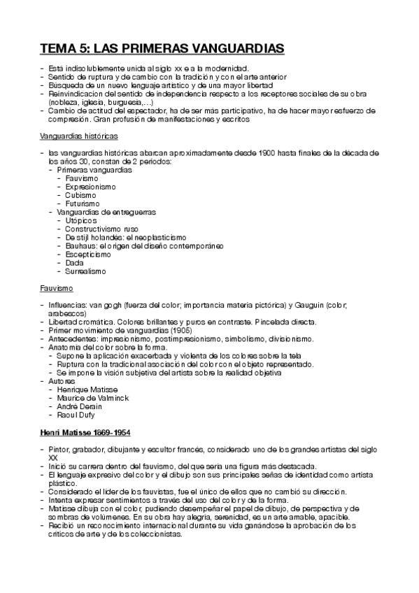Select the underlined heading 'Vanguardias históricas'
78,135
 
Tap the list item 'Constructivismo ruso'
102,229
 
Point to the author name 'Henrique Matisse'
87,389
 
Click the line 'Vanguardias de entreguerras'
106,212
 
